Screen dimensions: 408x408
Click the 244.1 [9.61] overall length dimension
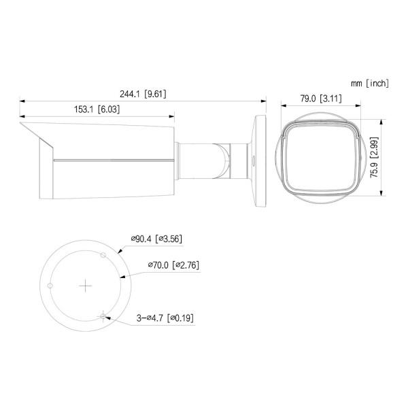143,94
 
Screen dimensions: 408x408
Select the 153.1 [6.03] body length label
97,109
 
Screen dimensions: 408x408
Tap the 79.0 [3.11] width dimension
321,99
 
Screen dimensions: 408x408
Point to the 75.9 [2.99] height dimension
374,158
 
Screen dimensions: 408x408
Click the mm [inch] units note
370,83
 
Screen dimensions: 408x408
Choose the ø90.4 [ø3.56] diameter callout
156,239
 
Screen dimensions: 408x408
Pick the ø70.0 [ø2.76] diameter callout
173,265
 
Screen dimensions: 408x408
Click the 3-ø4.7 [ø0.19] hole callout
165,318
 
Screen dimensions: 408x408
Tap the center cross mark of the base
86,286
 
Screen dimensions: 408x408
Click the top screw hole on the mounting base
103,255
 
